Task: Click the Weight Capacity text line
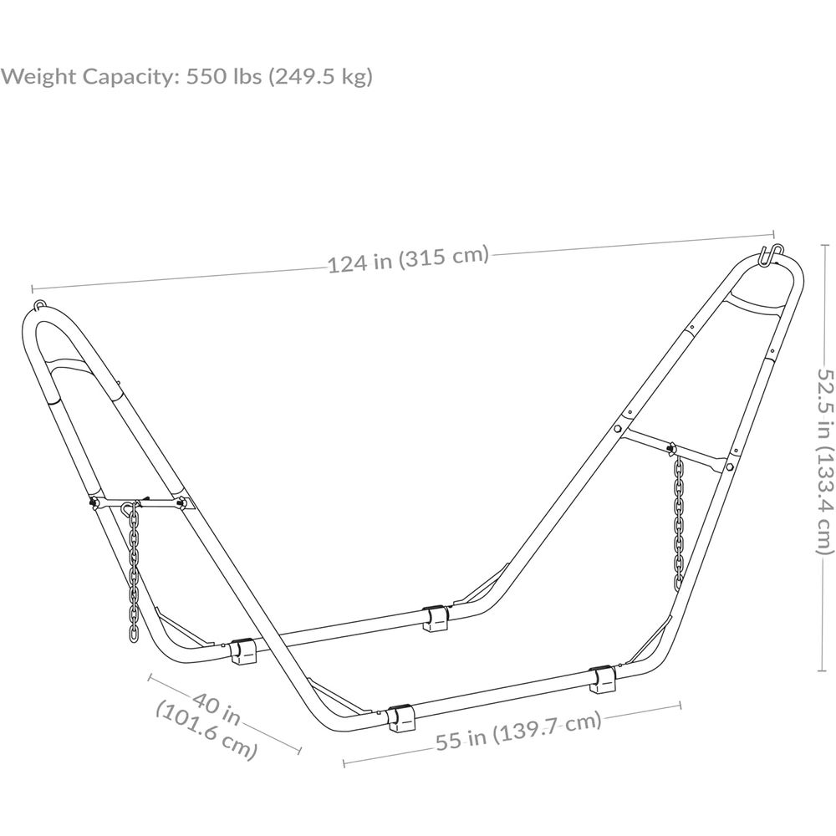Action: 186,76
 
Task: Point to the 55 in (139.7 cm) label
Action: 518,731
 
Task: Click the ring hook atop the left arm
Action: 40,305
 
